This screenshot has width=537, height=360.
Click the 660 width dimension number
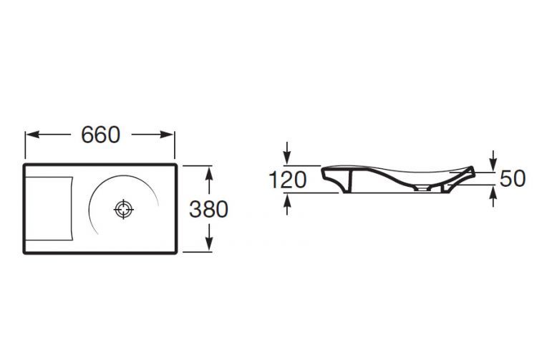coord(101,135)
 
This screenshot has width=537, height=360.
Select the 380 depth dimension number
coord(208,209)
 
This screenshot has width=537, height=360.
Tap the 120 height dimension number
coord(288,180)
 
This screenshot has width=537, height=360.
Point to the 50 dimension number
coord(513,178)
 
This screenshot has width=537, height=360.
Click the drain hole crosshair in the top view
coord(123,209)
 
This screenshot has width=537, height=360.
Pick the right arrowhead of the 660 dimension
coord(167,135)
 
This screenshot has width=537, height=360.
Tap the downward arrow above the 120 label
coord(287,153)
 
